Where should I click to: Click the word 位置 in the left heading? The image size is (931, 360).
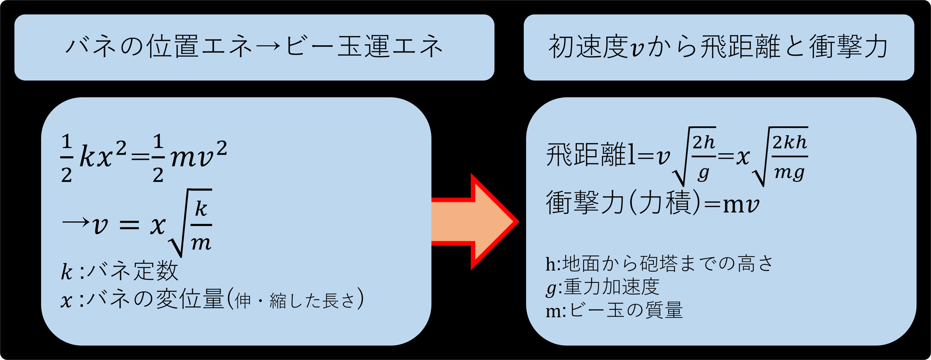[x=172, y=47]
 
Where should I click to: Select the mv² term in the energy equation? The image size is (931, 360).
[x=198, y=156]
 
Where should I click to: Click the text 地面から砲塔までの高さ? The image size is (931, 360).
[x=668, y=264]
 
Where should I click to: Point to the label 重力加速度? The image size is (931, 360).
[x=612, y=287]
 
